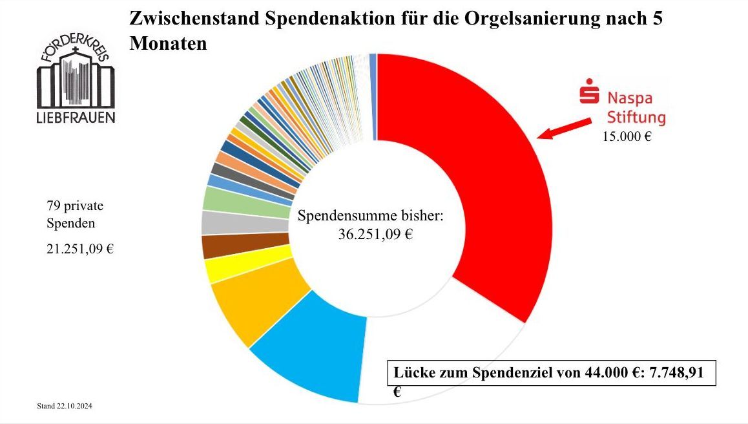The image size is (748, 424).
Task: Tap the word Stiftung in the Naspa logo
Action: coord(636,118)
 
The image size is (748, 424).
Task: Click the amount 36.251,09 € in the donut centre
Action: coord(375,235)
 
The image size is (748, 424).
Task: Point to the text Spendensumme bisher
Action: coord(370,216)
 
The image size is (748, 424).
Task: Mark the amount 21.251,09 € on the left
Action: coord(80,249)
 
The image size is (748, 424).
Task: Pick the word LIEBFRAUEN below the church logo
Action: coord(76,118)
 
